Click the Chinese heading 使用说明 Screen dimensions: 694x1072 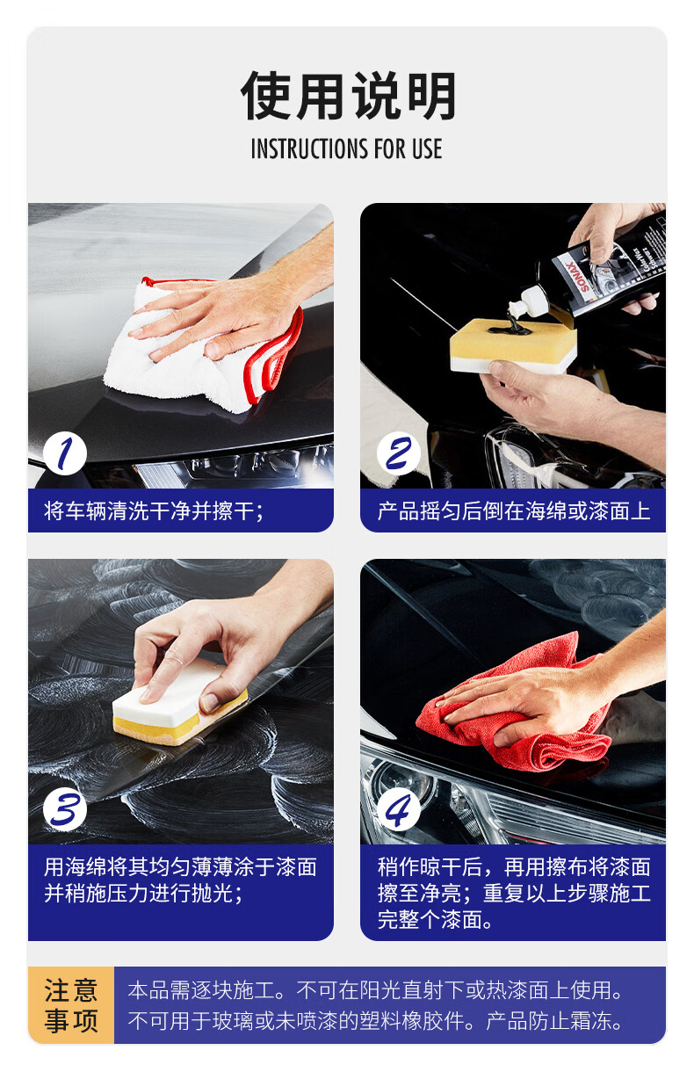pos(348,96)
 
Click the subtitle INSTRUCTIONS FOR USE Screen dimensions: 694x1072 pos(346,148)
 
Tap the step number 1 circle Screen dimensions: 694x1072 pos(65,453)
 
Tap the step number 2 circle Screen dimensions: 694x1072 pos(398,453)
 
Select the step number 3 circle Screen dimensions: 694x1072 pos(65,809)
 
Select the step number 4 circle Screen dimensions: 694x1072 pos(398,809)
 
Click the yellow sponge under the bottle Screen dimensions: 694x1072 pos(513,345)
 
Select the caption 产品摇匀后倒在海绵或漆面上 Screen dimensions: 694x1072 pos(514,511)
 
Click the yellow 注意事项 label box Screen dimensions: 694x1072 pos(71,1005)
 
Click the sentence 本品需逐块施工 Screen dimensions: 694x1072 pos(201,990)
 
